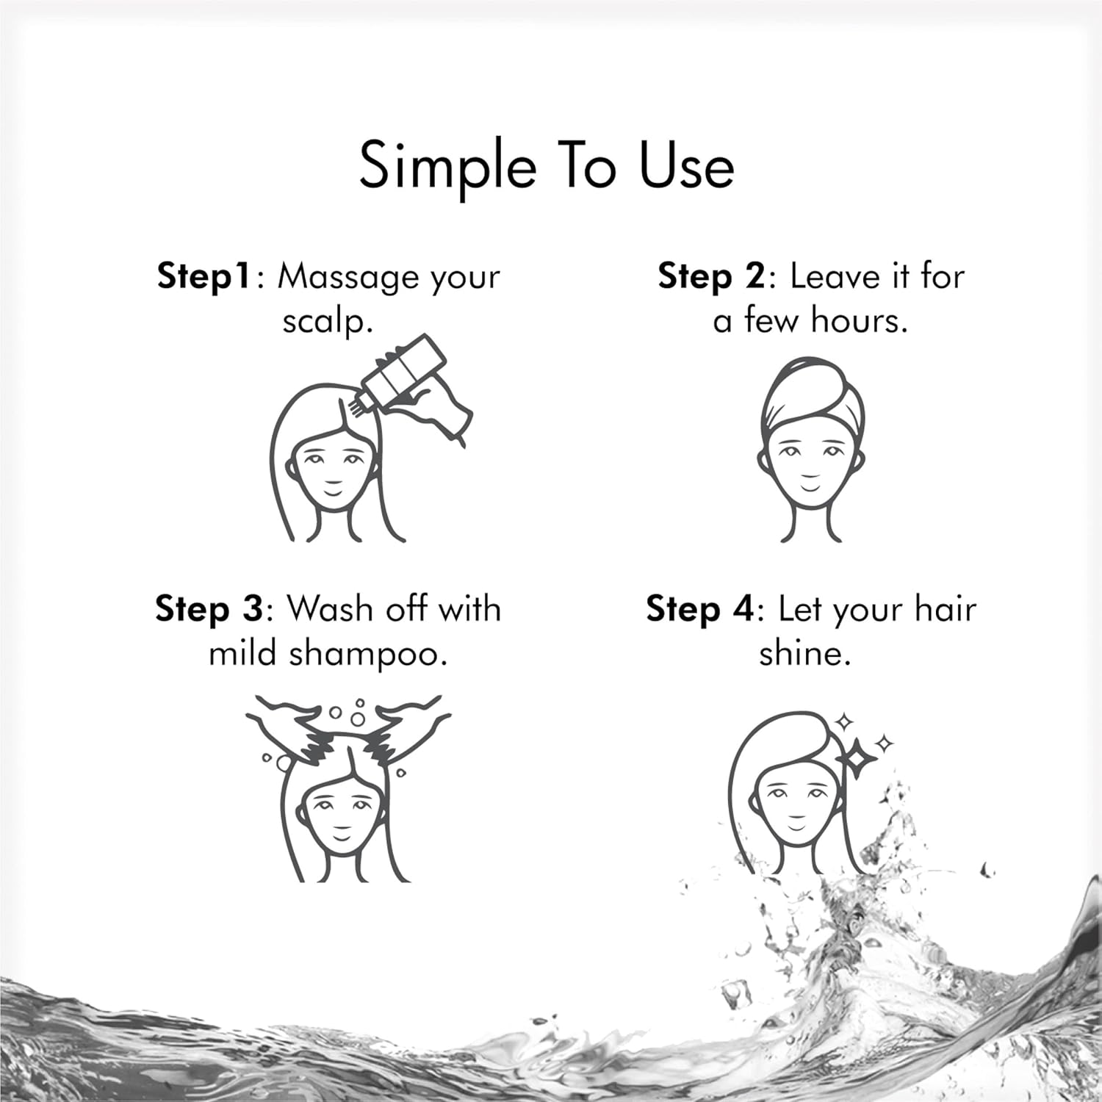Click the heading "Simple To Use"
547,167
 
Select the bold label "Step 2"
711,277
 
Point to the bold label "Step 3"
209,610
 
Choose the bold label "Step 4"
700,610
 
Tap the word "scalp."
328,322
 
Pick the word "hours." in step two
862,320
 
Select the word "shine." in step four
805,653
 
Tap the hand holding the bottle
433,411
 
